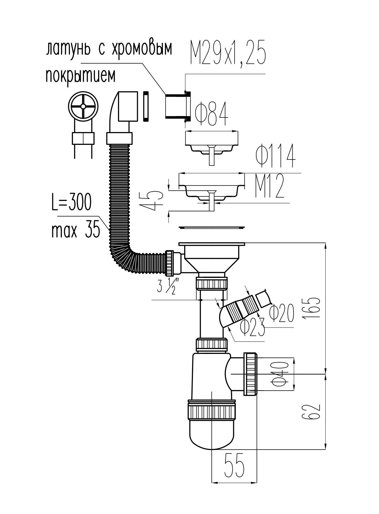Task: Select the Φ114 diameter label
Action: pyautogui.click(x=275, y=156)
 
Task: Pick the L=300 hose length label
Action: pyautogui.click(x=72, y=203)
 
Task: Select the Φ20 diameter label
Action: pyautogui.click(x=282, y=313)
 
